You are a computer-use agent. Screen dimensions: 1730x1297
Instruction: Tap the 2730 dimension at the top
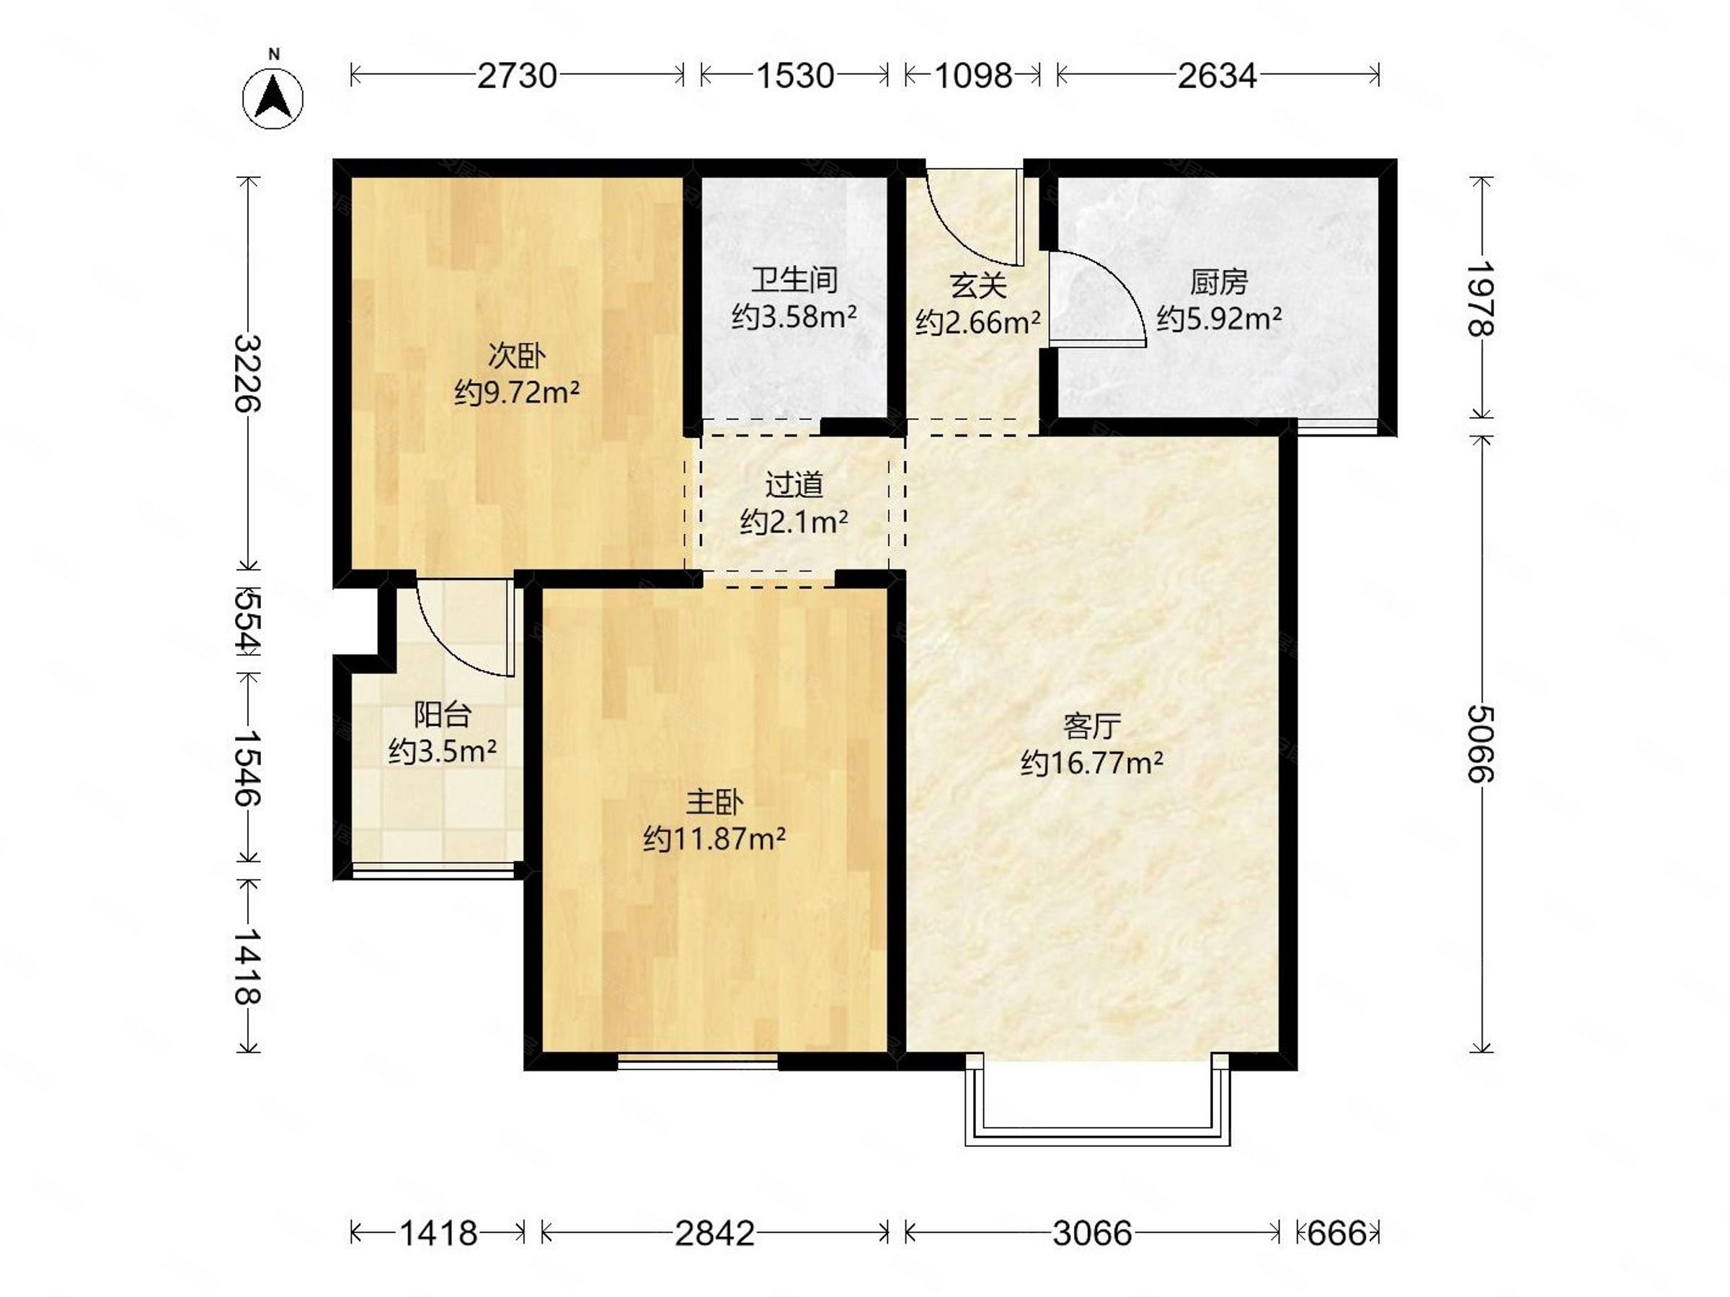[517, 76]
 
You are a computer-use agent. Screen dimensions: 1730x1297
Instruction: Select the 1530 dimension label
[794, 76]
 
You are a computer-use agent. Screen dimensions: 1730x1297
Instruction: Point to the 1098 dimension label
[974, 76]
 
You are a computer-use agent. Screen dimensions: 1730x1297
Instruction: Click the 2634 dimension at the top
[1217, 76]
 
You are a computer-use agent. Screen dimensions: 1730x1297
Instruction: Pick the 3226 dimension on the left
[249, 373]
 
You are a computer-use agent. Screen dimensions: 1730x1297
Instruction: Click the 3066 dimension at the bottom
[1093, 1234]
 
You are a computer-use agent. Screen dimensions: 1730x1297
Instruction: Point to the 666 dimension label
[1336, 1234]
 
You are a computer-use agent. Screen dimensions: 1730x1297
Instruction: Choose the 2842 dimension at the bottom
[715, 1234]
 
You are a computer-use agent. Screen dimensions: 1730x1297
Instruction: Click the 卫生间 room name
[794, 280]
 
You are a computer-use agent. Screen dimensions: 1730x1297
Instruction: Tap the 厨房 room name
[1218, 282]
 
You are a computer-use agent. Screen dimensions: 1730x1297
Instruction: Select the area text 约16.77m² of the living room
[1092, 762]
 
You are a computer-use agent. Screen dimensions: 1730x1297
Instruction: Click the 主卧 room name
[714, 802]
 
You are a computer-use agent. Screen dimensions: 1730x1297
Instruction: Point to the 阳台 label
[443, 714]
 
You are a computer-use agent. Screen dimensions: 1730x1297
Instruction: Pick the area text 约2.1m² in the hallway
[794, 521]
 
